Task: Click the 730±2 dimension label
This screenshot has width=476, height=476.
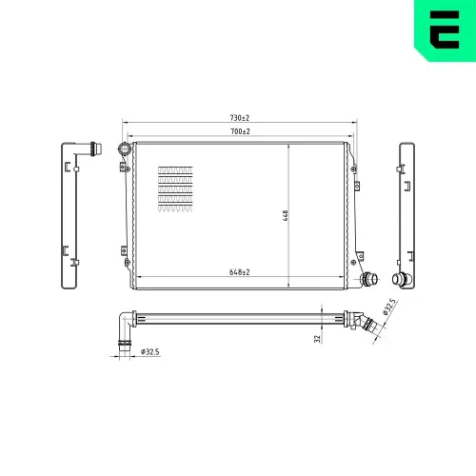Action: pos(239,118)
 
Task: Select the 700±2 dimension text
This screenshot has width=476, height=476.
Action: pos(239,130)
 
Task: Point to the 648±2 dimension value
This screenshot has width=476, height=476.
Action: pos(239,272)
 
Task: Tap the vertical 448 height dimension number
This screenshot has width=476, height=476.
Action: pos(285,215)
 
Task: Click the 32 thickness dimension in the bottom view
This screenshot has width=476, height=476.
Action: pos(317,337)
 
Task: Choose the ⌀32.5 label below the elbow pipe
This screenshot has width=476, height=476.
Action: pos(149,352)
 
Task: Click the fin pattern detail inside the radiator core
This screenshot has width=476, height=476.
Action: pos(175,186)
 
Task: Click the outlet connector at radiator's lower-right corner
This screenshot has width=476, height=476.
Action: pos(367,280)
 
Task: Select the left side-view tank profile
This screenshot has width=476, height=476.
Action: pos(69,215)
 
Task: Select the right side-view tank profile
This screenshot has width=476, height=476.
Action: pos(407,215)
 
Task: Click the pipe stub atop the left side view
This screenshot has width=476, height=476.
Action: pos(89,149)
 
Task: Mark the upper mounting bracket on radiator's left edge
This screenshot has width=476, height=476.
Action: pos(124,168)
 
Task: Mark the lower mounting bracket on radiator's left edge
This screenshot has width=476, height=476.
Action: pos(124,251)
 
